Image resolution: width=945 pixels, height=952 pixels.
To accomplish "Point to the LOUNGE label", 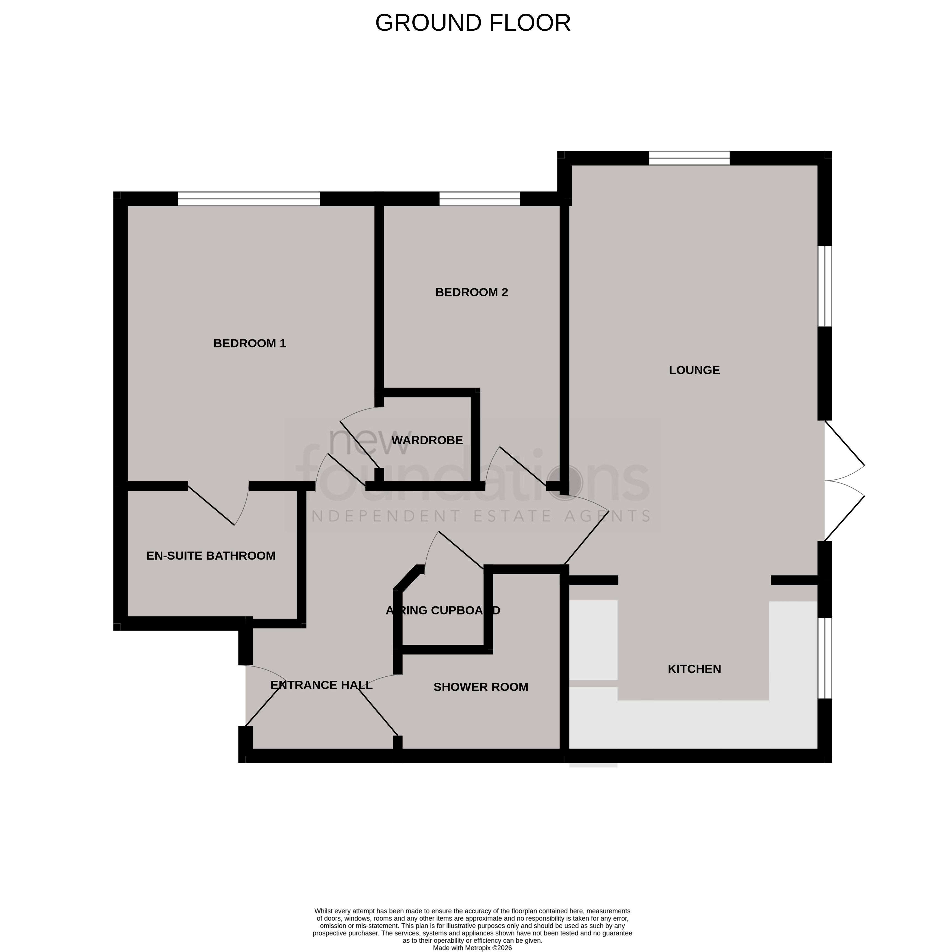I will (x=694, y=370).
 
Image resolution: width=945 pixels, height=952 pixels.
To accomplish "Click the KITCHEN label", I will (x=694, y=669).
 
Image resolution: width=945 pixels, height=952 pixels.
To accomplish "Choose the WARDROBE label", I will (x=427, y=440).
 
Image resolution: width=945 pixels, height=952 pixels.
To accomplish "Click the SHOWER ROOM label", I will (x=481, y=687).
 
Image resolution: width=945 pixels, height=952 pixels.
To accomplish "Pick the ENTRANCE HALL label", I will (x=321, y=685).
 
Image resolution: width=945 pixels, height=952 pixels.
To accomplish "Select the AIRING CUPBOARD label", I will (x=442, y=610).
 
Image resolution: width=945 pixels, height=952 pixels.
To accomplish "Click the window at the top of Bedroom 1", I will (x=249, y=199).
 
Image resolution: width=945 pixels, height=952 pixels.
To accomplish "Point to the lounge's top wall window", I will (x=689, y=158).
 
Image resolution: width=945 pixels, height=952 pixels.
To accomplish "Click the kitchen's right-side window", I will (x=824, y=658).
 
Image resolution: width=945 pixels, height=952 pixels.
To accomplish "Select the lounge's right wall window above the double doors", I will (x=824, y=286).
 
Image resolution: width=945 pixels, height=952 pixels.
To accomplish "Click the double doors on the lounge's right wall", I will (x=843, y=481).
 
